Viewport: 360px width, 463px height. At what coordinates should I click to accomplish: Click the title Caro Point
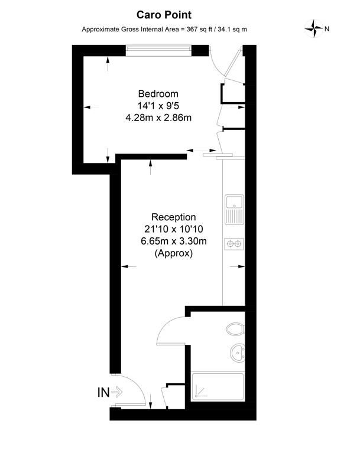164,15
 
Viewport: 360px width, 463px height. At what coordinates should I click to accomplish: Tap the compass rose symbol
313,28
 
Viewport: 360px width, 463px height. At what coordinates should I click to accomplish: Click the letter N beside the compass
327,29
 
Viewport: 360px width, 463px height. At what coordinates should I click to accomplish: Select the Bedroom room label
158,93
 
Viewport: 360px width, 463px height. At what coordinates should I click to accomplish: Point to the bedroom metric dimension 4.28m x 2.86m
158,118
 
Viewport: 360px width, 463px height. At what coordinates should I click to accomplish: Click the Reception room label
174,217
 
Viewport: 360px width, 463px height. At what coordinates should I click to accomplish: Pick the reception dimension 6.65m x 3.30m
174,241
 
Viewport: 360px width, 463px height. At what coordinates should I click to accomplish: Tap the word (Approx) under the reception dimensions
174,253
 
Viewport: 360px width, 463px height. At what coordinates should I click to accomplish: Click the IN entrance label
103,392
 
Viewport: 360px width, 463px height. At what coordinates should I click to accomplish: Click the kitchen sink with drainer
234,209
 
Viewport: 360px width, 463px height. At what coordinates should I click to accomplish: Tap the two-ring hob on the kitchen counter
234,244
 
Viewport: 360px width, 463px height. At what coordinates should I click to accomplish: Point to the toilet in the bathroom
235,329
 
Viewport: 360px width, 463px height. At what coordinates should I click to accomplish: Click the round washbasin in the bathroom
238,352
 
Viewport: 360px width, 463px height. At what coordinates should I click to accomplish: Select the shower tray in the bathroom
218,387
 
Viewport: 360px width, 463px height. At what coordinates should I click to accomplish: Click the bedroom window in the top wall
158,51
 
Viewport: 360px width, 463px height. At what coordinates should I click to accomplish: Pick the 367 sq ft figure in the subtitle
197,30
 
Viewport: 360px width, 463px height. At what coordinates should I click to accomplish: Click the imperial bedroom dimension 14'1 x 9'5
158,106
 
